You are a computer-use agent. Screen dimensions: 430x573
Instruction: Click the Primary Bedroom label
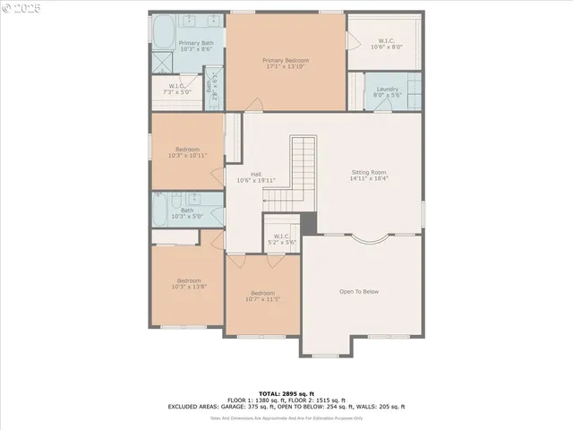click(x=285, y=61)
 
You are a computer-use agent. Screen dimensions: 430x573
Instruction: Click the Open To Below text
click(x=359, y=291)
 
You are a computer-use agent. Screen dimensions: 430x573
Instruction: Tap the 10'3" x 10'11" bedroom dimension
click(x=187, y=156)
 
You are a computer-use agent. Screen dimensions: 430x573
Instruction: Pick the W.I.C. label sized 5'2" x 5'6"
click(x=283, y=239)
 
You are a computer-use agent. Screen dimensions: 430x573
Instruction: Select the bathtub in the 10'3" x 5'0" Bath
click(x=161, y=210)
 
